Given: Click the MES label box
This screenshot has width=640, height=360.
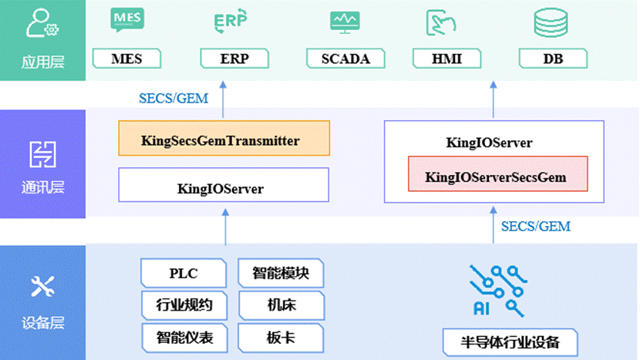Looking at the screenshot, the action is pos(127,59).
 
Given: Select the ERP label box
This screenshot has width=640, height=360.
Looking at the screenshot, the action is pos(234,59).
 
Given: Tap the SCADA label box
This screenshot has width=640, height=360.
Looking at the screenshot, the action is pos(345,59).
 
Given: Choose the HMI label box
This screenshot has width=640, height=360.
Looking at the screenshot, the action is pos(447,59).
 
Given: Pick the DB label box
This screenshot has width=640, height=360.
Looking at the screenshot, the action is pos(553,59).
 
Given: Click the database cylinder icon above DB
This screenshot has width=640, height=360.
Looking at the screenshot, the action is pos(551,22).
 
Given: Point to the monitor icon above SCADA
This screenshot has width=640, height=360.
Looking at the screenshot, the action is pos(345,22).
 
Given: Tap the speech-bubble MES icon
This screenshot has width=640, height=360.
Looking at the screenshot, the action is pos(127,19).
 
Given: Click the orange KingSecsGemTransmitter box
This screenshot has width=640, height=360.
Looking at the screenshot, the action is pos(224,138).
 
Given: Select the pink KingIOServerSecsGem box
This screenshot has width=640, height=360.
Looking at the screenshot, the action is pos(498,173).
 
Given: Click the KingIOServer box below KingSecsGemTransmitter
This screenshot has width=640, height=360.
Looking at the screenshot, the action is pos(224,184).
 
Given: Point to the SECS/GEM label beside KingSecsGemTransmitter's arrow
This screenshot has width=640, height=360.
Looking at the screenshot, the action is pos(173,99).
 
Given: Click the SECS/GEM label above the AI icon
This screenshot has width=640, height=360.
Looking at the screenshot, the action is pos(536,227).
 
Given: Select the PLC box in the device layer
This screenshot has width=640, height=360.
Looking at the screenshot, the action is pos(184,273).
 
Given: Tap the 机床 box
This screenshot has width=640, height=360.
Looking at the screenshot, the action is pos(281,305).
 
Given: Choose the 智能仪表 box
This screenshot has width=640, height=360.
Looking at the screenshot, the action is pos(184,338).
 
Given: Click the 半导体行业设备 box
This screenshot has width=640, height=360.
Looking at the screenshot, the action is pos(510,342).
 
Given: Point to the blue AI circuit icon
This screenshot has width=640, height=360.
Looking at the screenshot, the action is pos(498,291).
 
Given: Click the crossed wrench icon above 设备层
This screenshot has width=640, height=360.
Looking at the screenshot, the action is pos(43,286).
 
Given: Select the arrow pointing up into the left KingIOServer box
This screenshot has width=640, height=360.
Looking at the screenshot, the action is pos(225,227).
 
